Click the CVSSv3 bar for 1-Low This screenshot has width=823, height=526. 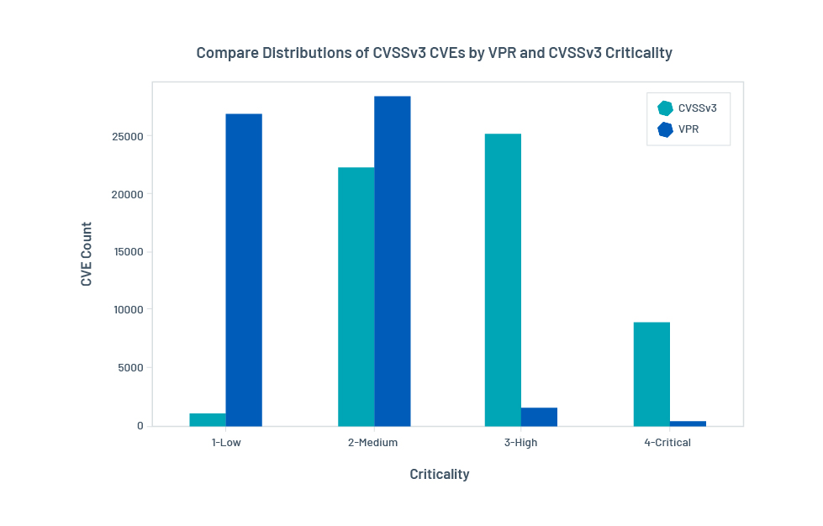pos(208,419)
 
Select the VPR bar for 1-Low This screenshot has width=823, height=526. pos(244,270)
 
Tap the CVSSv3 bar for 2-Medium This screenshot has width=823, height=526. pos(356,297)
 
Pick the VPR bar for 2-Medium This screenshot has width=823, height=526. pos(393,261)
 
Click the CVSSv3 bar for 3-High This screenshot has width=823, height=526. pos(503,280)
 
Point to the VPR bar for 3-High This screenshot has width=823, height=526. pos(539,417)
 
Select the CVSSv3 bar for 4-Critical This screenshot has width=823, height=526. pos(652,374)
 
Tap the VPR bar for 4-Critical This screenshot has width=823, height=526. pos(688,423)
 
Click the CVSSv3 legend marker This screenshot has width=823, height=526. pos(665,108)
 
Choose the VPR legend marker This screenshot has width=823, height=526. pos(665,129)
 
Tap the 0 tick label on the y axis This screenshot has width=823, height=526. pos(140,425)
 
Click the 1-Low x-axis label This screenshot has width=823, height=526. pos(226,443)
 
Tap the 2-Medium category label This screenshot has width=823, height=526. pos(372,443)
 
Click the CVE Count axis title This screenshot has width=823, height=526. pos(87,254)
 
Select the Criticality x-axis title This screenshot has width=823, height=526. pos(440,474)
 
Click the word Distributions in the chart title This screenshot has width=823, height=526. pos(316,53)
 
